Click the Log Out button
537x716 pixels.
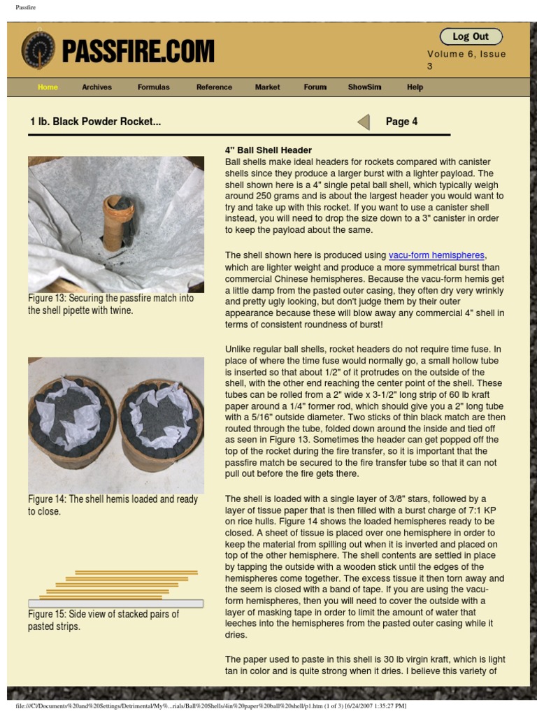tap(471, 36)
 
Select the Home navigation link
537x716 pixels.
tap(48, 87)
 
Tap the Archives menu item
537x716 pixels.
tap(96, 87)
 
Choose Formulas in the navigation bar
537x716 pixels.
tap(153, 87)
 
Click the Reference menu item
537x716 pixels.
tap(214, 87)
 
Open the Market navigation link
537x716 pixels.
tap(267, 87)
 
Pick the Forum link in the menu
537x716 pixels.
tap(315, 87)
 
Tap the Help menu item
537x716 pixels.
tap(415, 87)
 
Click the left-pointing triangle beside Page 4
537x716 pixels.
tap(363, 122)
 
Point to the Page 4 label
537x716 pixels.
tap(401, 122)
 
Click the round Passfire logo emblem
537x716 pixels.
tap(38, 50)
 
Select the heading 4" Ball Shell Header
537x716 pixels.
tap(268, 150)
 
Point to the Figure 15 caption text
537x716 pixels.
tap(103, 620)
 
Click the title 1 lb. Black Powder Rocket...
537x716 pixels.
tap(95, 122)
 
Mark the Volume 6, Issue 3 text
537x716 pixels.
tap(466, 59)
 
